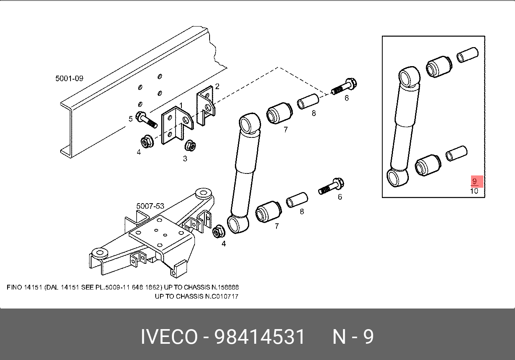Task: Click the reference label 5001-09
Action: [69, 78]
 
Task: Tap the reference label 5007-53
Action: [150, 206]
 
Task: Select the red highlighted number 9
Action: [475, 181]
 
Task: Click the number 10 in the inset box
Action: [474, 191]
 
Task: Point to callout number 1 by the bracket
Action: [181, 105]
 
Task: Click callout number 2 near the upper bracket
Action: [217, 86]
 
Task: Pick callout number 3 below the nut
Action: [185, 159]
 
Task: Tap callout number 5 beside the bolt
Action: [131, 119]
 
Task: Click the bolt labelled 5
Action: [147, 120]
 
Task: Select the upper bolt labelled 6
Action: [344, 86]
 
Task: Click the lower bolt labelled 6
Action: [331, 186]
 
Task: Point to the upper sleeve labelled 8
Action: [308, 101]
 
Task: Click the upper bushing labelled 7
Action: [279, 113]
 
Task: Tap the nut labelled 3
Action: [191, 145]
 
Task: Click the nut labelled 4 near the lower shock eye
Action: [219, 232]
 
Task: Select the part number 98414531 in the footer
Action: [259, 337]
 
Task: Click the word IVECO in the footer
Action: [169, 337]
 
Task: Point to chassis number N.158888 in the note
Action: [225, 288]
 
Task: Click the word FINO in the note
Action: [14, 288]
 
